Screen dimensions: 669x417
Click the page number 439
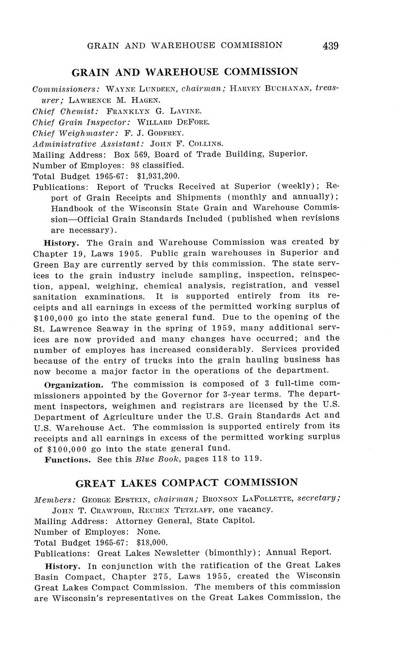(x=330, y=46)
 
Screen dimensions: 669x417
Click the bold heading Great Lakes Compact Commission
(x=187, y=483)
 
